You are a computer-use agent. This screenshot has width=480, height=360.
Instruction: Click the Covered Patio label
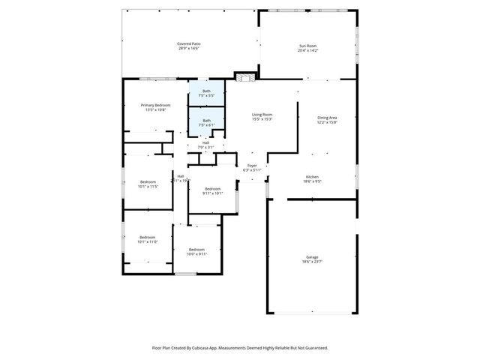coord(188,43)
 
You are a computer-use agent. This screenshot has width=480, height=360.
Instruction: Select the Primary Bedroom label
coord(157,105)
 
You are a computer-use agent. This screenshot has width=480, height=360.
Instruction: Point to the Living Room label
coord(262,114)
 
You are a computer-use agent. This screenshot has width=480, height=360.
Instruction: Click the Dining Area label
coord(327,117)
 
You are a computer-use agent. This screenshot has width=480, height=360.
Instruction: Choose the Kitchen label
coord(312,176)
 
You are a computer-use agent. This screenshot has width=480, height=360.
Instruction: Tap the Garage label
coord(312,257)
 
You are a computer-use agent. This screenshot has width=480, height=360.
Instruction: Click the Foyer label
coord(252,166)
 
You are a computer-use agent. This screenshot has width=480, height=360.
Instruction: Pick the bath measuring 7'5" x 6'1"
coord(206,120)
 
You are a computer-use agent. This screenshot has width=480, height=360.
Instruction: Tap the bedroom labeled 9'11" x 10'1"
coord(213,188)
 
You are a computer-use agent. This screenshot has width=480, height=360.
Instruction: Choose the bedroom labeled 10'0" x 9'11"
coord(196,249)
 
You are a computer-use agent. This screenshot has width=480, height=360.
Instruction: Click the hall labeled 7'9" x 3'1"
coord(205,142)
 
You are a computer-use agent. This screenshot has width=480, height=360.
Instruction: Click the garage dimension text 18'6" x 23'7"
coord(312,262)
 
